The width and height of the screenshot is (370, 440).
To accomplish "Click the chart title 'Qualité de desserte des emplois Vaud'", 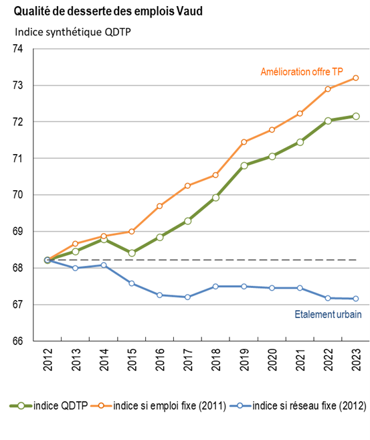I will (108, 11).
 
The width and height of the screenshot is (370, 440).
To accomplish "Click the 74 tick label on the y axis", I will (17, 49).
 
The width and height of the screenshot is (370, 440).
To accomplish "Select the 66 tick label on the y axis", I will (17, 341).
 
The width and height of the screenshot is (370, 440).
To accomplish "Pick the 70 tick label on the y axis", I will (17, 195).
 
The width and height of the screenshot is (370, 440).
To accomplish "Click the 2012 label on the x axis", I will (47, 360).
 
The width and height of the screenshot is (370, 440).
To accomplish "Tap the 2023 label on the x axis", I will (356, 360).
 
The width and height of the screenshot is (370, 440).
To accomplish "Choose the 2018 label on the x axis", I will (215, 360).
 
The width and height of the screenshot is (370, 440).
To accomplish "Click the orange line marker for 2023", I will (356, 78).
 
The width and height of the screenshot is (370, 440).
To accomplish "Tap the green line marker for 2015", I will (132, 253).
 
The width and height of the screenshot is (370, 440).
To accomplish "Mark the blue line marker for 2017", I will (187, 297).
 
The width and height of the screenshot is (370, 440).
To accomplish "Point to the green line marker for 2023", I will (356, 116).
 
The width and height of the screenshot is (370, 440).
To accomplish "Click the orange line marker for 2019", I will (244, 142).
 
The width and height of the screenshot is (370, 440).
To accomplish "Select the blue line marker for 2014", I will (104, 265).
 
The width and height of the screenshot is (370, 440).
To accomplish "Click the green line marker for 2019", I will (244, 165).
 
